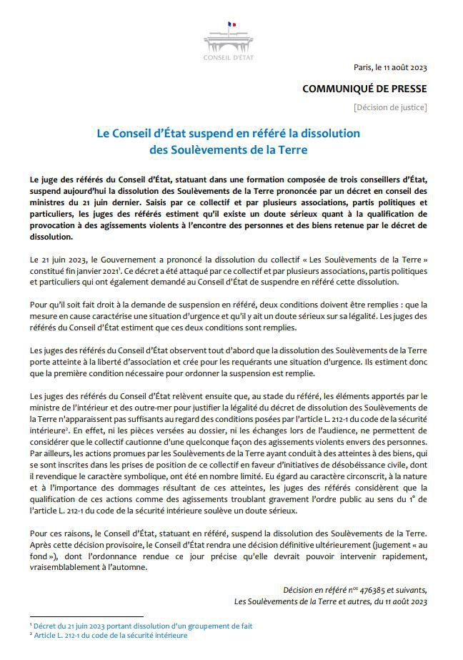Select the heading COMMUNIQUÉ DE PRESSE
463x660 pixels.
[x=365, y=89]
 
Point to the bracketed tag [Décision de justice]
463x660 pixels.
[x=390, y=107]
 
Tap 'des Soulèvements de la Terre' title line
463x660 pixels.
[x=229, y=150]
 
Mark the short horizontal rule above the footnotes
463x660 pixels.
[x=86, y=616]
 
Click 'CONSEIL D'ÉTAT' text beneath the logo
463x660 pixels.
[x=229, y=57]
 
